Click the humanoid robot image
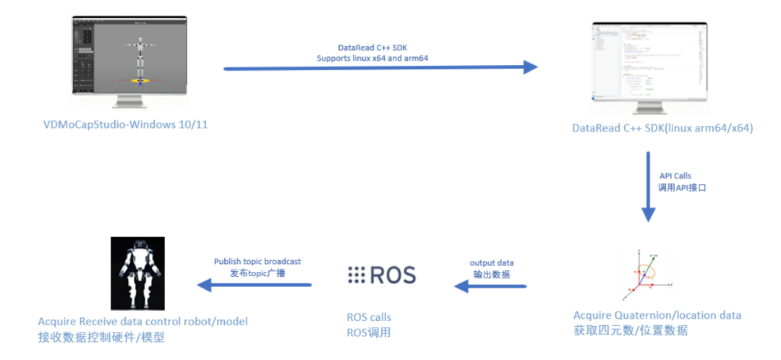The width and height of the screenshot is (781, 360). click(x=137, y=273)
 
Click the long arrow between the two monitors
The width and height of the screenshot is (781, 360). click(x=380, y=68)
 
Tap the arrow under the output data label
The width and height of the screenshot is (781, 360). click(x=491, y=286)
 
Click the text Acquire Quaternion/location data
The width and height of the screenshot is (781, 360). click(x=657, y=315)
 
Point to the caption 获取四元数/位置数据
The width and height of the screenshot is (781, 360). click(x=630, y=330)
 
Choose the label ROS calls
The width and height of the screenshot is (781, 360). click(x=369, y=317)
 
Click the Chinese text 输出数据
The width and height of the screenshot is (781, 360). click(x=491, y=274)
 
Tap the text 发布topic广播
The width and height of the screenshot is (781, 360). click(x=257, y=273)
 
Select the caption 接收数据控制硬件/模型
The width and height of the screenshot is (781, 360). click(x=102, y=336)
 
